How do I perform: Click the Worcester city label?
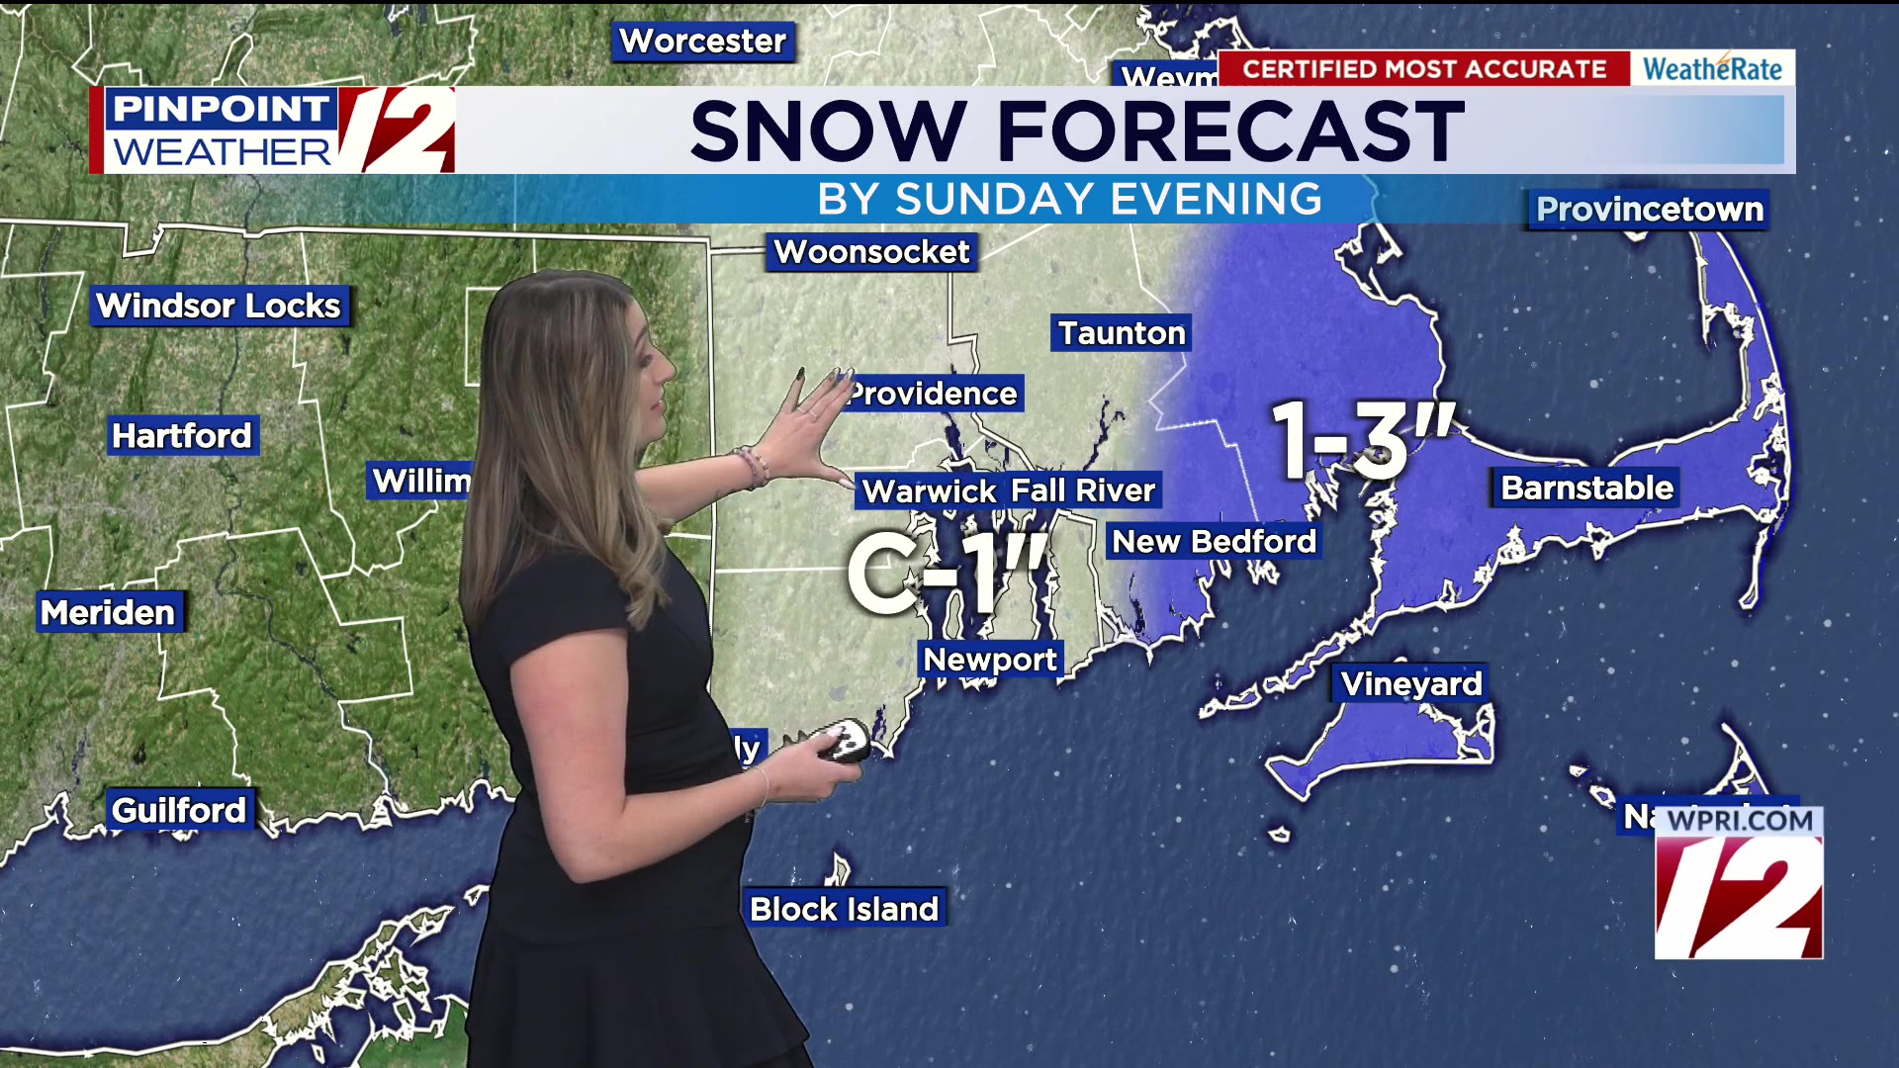click(702, 42)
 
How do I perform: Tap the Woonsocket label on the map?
click(871, 252)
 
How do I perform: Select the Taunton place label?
click(1122, 333)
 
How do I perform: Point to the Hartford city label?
click(182, 436)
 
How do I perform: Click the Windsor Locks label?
click(219, 307)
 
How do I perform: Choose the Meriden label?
click(108, 613)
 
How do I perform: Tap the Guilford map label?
click(179, 811)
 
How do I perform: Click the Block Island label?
click(844, 909)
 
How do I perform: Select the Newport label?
click(990, 660)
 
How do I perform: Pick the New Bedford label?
click(1214, 542)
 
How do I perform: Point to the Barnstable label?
click(1586, 489)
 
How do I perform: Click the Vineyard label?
click(1411, 684)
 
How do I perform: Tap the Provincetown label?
click(1649, 210)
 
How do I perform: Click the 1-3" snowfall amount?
click(1363, 440)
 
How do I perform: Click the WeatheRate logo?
click(1712, 69)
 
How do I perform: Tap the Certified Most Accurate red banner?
click(1424, 69)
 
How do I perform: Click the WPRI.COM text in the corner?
click(1740, 821)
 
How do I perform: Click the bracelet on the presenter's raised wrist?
click(752, 467)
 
